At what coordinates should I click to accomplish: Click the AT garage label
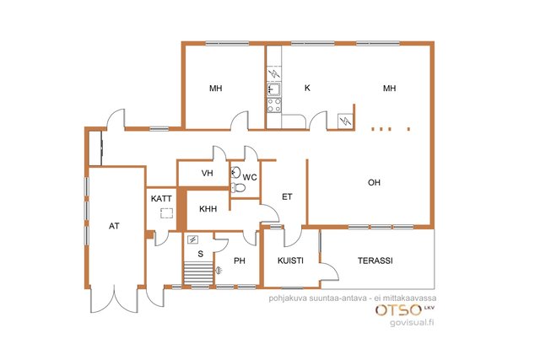(114, 226)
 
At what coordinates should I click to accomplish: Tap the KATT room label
(161, 199)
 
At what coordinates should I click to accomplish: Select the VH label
(207, 173)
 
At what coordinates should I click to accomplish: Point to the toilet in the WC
(238, 187)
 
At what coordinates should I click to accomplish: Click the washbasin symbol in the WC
(236, 172)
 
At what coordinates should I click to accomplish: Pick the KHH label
(208, 209)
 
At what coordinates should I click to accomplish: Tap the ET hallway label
(287, 197)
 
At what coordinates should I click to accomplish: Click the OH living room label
(374, 182)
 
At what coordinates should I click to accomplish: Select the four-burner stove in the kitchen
(274, 105)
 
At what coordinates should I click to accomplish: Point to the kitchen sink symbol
(274, 90)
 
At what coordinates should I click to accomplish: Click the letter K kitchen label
(307, 89)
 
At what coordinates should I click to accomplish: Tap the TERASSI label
(375, 261)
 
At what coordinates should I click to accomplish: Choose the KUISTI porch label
(290, 261)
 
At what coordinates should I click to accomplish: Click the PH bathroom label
(240, 261)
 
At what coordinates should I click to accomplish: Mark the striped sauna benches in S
(199, 273)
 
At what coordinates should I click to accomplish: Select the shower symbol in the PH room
(219, 271)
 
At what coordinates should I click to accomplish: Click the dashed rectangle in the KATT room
(167, 213)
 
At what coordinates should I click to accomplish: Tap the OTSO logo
(398, 310)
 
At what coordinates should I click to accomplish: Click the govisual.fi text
(412, 323)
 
